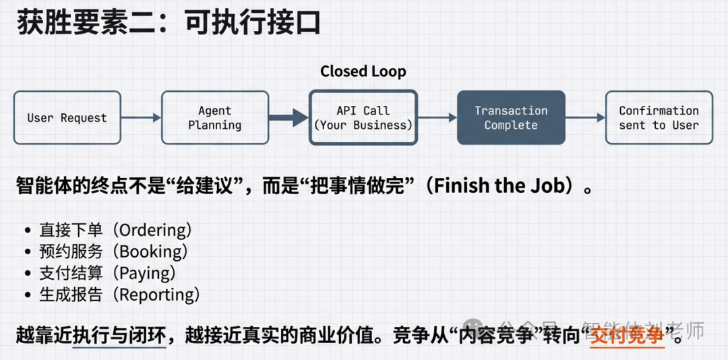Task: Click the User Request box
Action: pos(67,118)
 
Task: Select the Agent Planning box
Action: pos(214,118)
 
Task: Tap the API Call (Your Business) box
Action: pos(363,118)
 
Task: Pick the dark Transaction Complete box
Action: pos(511,118)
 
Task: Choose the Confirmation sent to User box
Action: pos(659,118)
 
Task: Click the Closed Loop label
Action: pos(363,71)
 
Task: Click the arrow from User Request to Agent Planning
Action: pos(141,118)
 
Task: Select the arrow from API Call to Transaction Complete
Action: pos(437,118)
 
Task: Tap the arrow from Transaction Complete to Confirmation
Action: pos(584,118)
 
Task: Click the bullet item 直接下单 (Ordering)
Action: pos(115,230)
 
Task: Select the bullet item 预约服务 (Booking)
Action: pos(113,251)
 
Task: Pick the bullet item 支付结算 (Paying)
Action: pos(107,273)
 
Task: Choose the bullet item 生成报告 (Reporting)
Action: pos(119,295)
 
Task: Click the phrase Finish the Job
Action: pos(498,186)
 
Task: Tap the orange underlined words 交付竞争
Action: pos(626,335)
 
